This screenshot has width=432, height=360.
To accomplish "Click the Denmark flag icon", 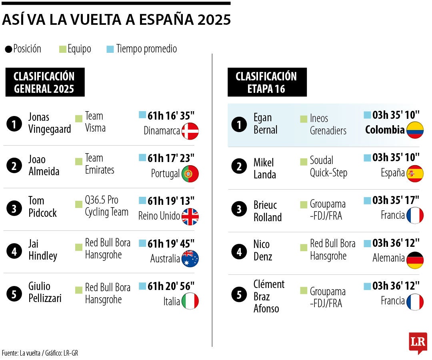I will tap(190, 131).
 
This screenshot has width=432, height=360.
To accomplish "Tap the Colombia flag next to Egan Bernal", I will tap(415, 130).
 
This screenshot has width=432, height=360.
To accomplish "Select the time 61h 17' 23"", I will tap(171, 158).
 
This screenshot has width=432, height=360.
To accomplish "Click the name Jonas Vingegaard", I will tap(50, 123).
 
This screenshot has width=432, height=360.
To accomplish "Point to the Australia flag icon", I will tap(190, 259).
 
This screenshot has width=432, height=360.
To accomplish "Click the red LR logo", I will tap(418, 342).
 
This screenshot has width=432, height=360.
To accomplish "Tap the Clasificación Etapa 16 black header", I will tap(267, 82).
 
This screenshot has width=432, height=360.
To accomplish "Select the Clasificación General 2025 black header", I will tap(45, 82).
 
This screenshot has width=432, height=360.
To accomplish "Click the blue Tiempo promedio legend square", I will tap(110, 50).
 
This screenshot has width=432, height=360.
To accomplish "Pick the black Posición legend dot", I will tap(8, 50).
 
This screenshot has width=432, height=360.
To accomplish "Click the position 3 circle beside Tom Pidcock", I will tap(14, 209).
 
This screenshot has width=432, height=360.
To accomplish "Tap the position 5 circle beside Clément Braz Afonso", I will tap(239, 296).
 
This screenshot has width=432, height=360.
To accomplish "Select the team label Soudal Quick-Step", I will tap(328, 166).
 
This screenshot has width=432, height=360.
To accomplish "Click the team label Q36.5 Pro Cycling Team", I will tap(106, 206).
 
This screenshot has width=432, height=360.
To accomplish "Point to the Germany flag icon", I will tap(415, 260).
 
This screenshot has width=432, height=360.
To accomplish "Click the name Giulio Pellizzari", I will tap(45, 292).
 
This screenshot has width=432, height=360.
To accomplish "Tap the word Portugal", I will tap(165, 174).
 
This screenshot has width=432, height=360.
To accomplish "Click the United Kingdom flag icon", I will tap(190, 216).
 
